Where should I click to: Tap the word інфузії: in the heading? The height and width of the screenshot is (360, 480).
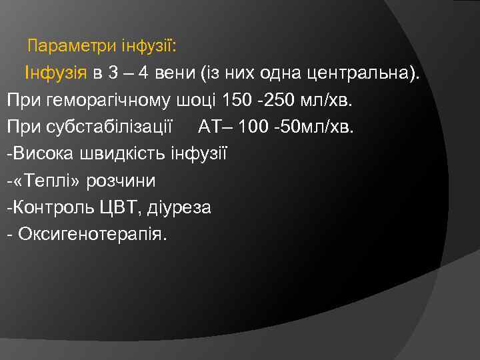[x=149, y=47]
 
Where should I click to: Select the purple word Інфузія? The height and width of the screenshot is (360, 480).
[x=56, y=73]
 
